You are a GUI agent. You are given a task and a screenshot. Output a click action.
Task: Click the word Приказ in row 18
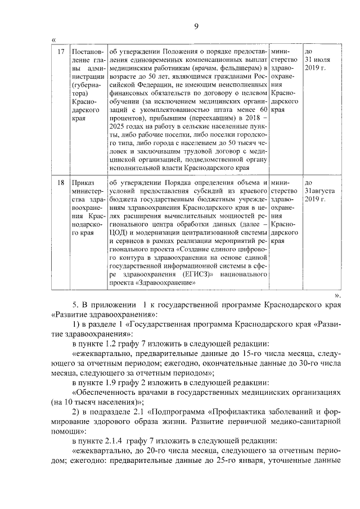83,183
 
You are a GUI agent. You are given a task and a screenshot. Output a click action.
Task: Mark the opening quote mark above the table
53,39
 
